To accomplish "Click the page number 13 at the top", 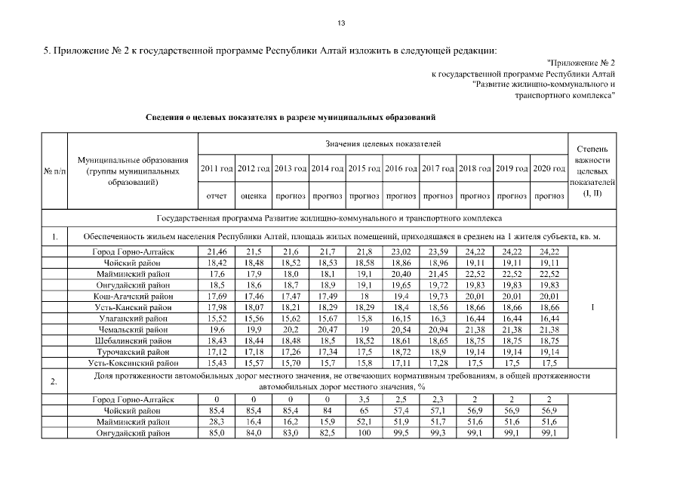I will [x=341, y=23].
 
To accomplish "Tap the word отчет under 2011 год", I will [x=217, y=196].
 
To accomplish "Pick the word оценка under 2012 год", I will [x=254, y=196].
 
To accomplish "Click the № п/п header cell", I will [x=54, y=171].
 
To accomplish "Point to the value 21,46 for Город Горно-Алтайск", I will [x=217, y=250].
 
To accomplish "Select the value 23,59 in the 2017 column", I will [x=438, y=250].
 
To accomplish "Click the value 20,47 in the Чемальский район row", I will [x=328, y=330].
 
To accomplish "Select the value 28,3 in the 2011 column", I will [x=217, y=420].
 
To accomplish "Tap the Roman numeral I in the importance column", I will [x=592, y=308].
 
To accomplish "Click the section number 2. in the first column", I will [x=54, y=380].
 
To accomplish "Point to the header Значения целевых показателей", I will [x=383, y=143].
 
